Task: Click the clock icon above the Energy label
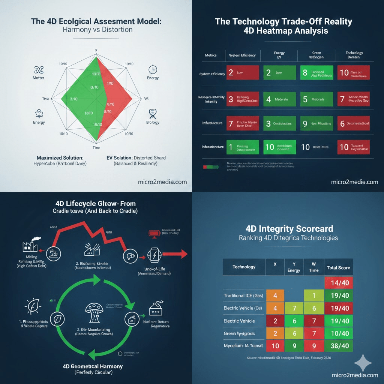[x=153, y=69]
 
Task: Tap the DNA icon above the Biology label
[x=153, y=113]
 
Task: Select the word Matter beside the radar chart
[x=39, y=78]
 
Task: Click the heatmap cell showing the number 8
[x=316, y=72]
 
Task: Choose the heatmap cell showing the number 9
[x=316, y=123]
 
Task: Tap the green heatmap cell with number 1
[x=242, y=147]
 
